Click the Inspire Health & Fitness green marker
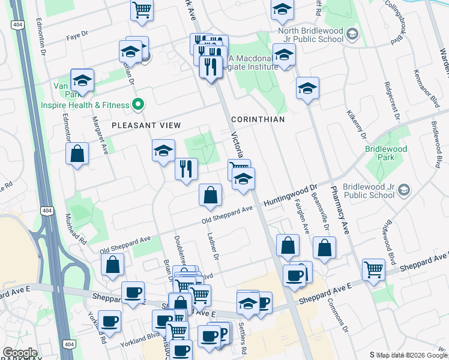(137, 105)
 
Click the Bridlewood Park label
(386, 153)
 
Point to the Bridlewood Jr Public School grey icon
(404, 190)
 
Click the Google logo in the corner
(20, 353)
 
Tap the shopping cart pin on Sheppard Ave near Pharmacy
(373, 269)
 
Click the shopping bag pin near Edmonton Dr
(77, 154)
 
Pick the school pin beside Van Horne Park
(82, 80)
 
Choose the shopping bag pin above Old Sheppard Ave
(210, 195)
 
